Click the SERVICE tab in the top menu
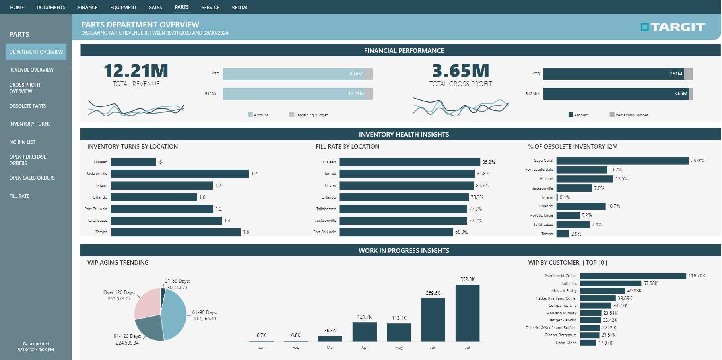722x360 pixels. (210, 7)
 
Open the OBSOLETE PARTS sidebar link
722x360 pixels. (27, 106)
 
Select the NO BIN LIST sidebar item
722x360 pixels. (22, 142)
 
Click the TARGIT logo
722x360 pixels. (673, 27)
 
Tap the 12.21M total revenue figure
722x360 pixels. (136, 71)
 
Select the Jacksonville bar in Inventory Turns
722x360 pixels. (180, 174)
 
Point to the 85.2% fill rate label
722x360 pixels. (488, 162)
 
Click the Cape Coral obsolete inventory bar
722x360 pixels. (622, 161)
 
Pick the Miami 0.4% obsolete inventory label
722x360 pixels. (565, 197)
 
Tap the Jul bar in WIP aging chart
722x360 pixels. (467, 313)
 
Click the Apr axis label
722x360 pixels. (365, 348)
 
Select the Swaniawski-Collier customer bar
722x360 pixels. (633, 276)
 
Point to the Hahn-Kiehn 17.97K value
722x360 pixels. (605, 343)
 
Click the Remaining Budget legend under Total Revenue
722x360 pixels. (309, 115)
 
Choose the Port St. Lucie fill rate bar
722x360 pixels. (396, 232)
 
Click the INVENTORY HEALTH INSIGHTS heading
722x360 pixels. (404, 134)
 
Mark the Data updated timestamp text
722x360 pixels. (36, 347)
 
